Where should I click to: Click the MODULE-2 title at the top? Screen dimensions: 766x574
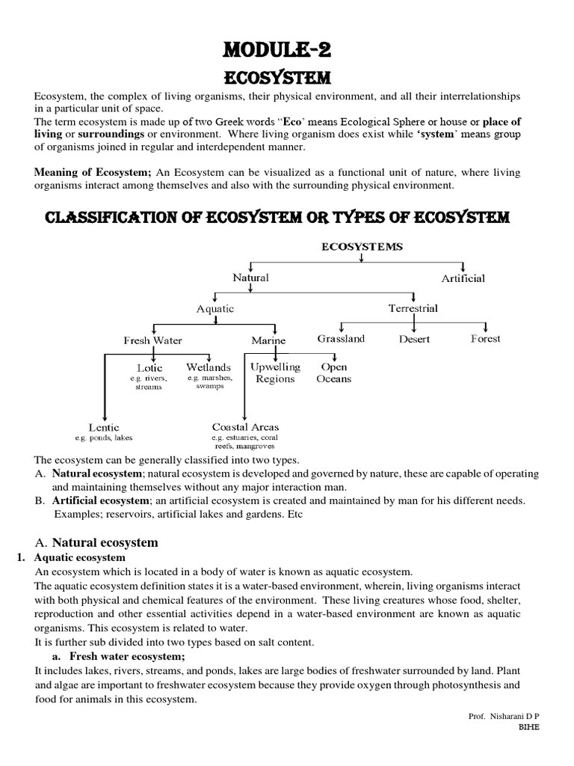pyautogui.click(x=286, y=51)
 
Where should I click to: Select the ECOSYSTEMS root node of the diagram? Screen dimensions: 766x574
pyautogui.click(x=362, y=245)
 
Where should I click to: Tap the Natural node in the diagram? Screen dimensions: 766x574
pyautogui.click(x=250, y=278)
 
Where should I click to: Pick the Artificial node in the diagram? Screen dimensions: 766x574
pyautogui.click(x=463, y=278)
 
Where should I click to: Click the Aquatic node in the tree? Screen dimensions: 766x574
pyautogui.click(x=215, y=308)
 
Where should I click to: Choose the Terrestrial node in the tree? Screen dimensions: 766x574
pyautogui.click(x=413, y=308)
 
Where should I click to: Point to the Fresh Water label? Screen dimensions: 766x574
pyautogui.click(x=152, y=340)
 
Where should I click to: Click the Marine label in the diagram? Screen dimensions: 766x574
pyautogui.click(x=268, y=340)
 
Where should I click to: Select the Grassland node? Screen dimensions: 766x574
pyautogui.click(x=341, y=339)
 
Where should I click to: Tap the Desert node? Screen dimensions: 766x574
pyautogui.click(x=414, y=340)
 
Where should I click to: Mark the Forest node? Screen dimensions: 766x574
pyautogui.click(x=485, y=339)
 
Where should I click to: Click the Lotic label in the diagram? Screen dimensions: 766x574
pyautogui.click(x=149, y=368)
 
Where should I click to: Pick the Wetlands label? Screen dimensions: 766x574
pyautogui.click(x=208, y=368)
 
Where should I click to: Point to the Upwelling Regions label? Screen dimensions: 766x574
pyautogui.click(x=275, y=373)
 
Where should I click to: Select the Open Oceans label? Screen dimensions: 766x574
pyautogui.click(x=334, y=373)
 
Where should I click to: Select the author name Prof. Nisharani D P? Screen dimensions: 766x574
pyautogui.click(x=499, y=716)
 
